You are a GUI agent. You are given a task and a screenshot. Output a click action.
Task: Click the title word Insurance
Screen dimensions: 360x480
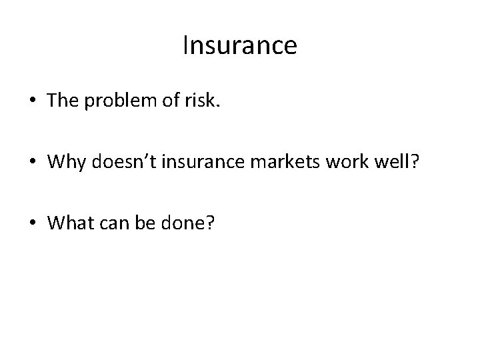tap(239, 46)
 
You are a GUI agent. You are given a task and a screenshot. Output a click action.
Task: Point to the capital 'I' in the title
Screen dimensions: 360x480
tap(185, 46)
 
